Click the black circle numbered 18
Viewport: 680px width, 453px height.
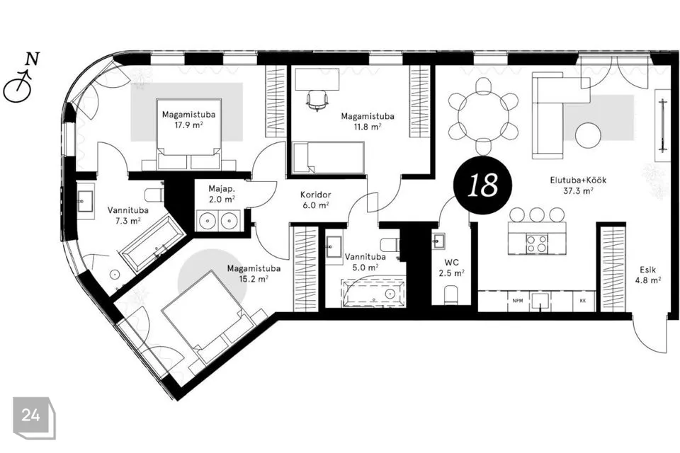point(482,185)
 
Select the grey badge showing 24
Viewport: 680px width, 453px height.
point(34,418)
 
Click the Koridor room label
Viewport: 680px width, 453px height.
point(315,195)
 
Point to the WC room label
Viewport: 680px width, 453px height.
point(451,263)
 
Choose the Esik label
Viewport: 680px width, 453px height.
point(647,270)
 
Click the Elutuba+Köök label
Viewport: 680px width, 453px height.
point(578,180)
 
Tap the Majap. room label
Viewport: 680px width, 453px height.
point(221,189)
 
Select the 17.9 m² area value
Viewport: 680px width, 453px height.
point(188,125)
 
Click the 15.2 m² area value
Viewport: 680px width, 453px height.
point(254,279)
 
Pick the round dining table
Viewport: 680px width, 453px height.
point(484,116)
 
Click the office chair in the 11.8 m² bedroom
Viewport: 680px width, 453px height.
point(317,100)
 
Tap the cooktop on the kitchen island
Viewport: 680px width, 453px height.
point(537,243)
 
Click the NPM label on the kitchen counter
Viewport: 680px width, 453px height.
point(517,300)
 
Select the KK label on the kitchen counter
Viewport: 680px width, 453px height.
point(582,300)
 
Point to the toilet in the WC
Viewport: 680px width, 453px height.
point(451,294)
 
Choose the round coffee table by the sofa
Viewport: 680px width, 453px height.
point(588,134)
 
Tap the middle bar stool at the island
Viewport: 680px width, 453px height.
point(537,214)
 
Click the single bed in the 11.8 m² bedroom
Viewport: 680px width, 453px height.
point(328,158)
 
